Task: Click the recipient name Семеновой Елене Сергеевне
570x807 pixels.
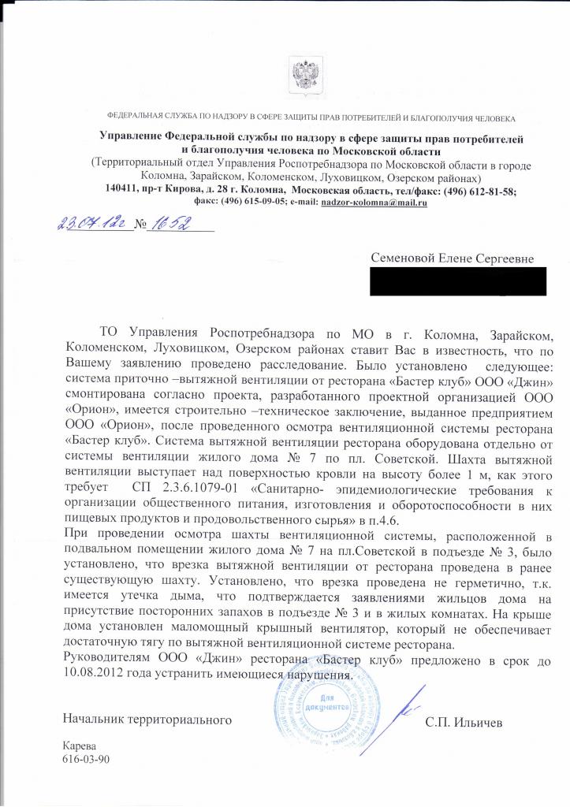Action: click(x=452, y=258)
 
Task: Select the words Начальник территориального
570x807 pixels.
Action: click(x=147, y=721)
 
